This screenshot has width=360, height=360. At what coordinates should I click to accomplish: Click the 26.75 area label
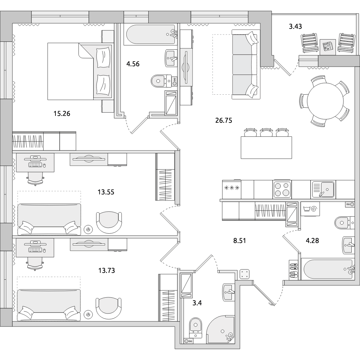coord(224,120)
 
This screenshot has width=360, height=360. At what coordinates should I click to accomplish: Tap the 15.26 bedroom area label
coord(62,113)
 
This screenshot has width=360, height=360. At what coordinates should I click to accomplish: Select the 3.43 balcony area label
coord(295,27)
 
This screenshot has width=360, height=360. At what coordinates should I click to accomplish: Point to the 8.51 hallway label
coord(239,240)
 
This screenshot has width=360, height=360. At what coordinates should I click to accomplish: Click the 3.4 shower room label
coord(197,303)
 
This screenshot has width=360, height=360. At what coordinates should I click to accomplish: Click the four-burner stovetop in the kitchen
coord(282,189)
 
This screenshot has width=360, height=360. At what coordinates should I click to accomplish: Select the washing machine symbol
coord(310,209)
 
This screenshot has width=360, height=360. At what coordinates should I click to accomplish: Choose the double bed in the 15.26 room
coord(80,71)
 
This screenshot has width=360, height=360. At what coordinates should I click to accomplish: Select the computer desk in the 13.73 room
coord(35,248)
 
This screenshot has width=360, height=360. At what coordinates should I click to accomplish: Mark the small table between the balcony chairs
coord(328,47)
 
